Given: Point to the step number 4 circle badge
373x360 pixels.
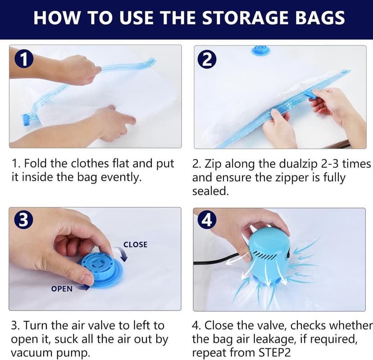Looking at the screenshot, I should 207,220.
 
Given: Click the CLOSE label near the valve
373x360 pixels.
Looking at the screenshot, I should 135,244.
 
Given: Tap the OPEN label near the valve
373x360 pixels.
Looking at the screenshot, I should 62,288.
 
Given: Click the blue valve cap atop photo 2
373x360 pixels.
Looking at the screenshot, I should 260,50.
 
